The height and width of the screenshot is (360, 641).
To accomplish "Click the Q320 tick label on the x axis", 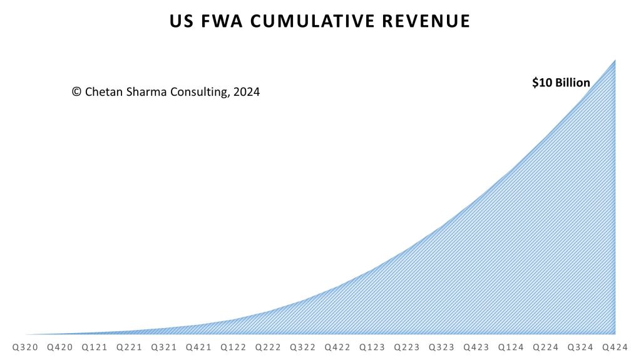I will tap(26, 346).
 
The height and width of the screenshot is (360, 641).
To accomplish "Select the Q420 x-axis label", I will tap(60, 346).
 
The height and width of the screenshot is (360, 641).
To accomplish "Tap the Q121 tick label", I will tap(95, 346).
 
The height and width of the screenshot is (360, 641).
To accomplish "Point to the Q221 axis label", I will tap(130, 346).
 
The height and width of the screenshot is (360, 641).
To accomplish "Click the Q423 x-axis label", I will tap(477, 346).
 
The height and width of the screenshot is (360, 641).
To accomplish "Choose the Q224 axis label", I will tap(546, 346).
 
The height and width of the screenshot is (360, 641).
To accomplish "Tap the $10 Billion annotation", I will tap(561, 83).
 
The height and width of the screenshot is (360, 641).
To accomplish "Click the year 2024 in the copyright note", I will tap(247, 91).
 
